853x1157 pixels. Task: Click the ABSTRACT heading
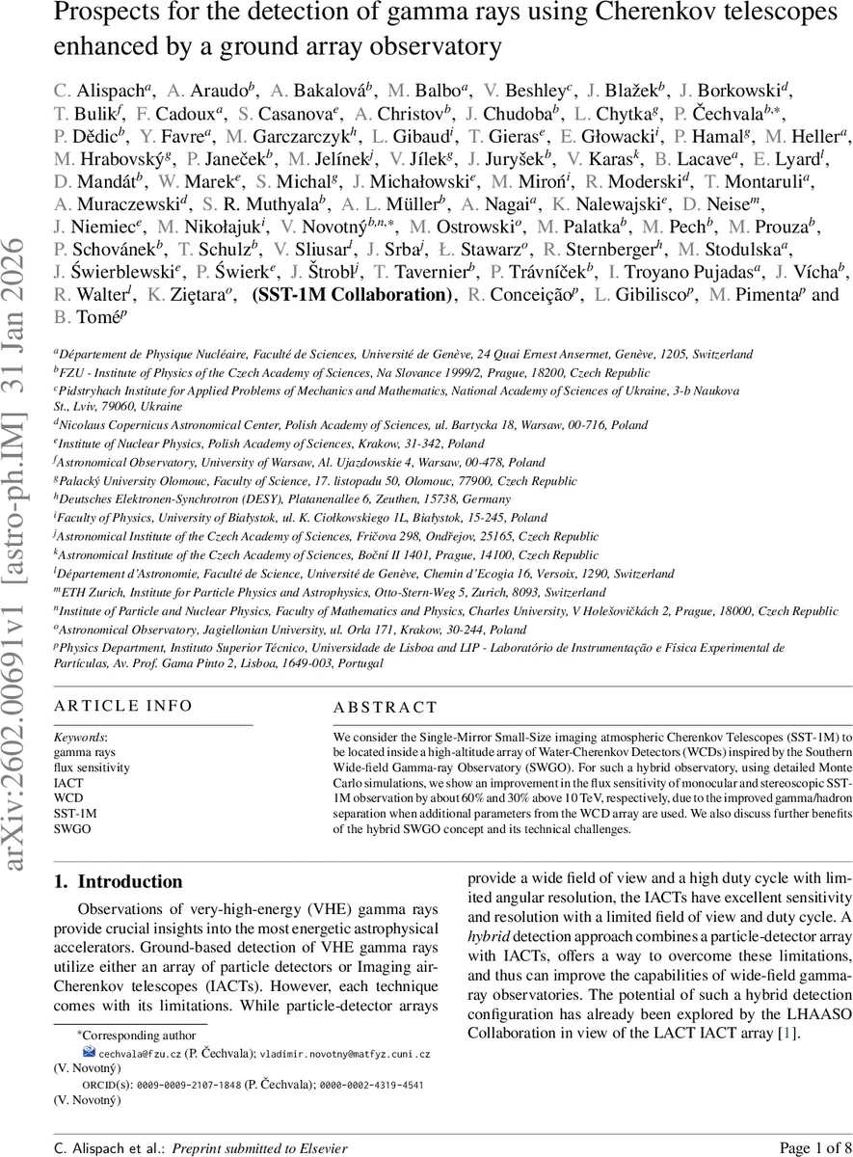385,708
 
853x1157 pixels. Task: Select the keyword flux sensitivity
92,768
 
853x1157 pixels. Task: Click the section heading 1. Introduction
118,881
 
